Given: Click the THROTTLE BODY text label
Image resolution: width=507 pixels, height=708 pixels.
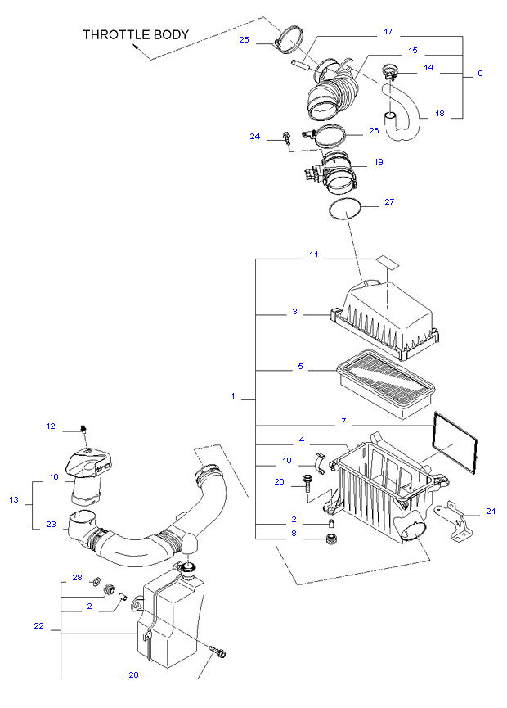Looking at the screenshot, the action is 136,34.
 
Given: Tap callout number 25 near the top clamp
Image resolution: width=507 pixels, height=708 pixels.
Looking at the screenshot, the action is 244,40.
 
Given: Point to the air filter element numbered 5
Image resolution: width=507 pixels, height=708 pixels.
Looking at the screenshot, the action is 386,383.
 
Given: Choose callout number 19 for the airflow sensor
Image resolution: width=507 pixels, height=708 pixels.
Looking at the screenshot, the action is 379,161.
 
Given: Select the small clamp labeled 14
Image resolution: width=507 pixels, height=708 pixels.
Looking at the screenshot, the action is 389,71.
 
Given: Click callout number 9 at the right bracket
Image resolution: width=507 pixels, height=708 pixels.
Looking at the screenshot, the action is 480,73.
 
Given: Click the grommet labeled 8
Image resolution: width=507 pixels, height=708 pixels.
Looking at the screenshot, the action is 332,539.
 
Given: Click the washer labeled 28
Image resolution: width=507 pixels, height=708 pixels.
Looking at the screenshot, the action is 96,581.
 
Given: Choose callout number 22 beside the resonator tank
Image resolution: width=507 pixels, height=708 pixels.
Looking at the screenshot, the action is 39,626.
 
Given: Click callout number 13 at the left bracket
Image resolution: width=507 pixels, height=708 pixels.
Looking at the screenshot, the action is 14,499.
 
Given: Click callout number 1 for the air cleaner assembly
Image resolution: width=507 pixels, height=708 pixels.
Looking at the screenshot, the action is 233,396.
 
